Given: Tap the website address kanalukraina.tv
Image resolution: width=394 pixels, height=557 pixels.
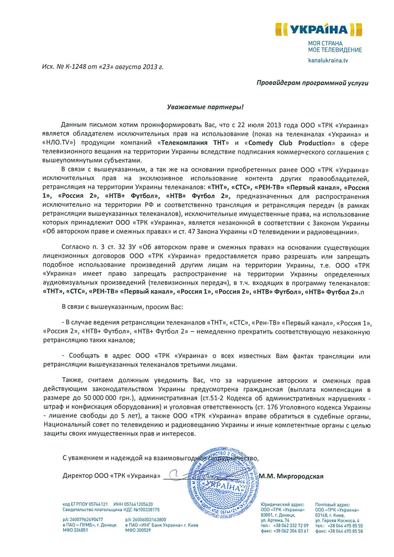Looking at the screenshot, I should point(328,60).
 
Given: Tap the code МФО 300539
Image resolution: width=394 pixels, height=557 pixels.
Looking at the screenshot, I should point(139,530).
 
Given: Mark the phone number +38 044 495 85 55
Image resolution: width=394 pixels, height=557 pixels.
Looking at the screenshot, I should point(345,526).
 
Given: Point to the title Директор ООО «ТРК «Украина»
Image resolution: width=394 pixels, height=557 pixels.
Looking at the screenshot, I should point(112,476).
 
